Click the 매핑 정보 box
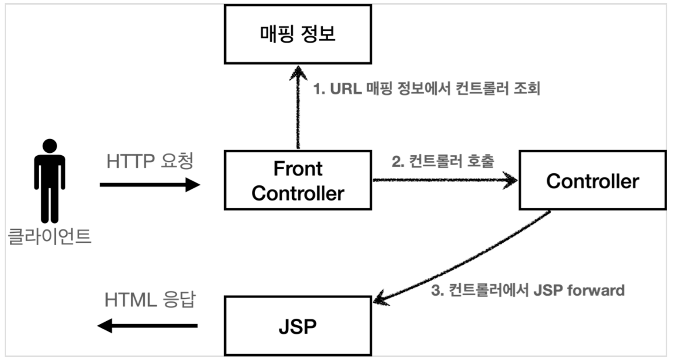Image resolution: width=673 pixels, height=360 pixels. tap(298, 34)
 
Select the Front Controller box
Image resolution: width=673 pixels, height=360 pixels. tap(298, 180)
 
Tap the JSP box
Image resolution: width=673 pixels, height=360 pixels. tap(298, 326)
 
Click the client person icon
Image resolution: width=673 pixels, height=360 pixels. tap(50, 182)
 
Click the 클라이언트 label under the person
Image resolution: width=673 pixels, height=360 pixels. tap(50, 237)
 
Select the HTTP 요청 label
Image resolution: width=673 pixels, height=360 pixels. tap(150, 161)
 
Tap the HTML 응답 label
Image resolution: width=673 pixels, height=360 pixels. tap(150, 300)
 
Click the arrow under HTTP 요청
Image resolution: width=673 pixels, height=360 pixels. tap(150, 185)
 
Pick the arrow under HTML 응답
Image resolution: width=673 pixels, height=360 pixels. tap(147, 326)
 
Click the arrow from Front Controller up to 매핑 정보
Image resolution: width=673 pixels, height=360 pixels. tap(298, 107)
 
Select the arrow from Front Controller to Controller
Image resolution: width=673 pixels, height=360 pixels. tap(444, 180)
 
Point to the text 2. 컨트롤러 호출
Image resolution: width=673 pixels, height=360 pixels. tap(443, 161)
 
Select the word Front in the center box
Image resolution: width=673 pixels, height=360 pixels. tap(298, 169)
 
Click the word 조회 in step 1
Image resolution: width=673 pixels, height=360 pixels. tap(526, 88)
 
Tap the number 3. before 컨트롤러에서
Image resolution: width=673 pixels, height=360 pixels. tap(437, 291)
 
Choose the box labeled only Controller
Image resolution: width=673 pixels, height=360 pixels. tap(592, 180)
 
